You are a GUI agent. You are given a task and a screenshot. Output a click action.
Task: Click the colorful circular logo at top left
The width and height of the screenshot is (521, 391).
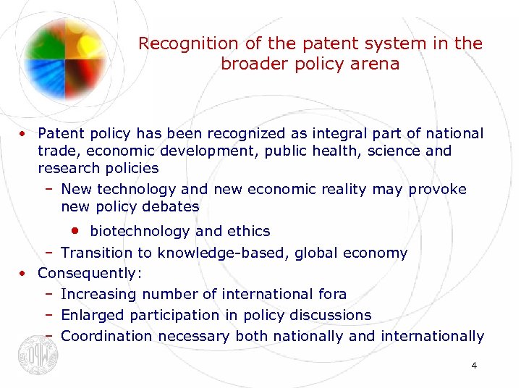[65, 50]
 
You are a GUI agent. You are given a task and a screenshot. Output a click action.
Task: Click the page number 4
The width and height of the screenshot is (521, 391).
[473, 366]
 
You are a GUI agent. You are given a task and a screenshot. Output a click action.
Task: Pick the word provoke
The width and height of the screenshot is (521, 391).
[438, 189]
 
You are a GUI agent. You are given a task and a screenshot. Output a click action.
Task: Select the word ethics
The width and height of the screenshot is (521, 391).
[248, 232]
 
